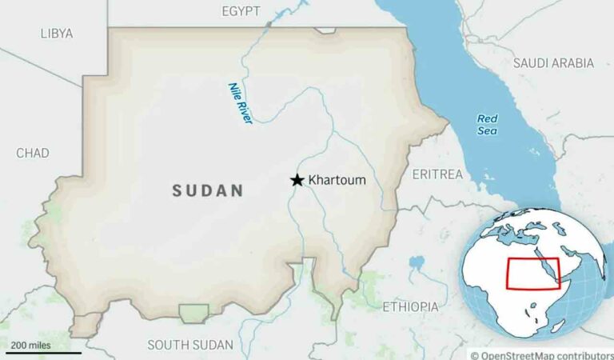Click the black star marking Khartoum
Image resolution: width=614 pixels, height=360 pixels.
(x=297, y=180)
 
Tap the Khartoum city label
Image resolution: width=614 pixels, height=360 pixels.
(x=337, y=180)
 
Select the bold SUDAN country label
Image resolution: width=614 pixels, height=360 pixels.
(x=208, y=190)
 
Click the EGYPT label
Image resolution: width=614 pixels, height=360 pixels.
(x=241, y=11)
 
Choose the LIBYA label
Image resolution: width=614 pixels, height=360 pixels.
(x=56, y=34)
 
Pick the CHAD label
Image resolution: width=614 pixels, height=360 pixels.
(x=32, y=153)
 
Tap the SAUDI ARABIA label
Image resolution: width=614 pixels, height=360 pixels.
(x=553, y=62)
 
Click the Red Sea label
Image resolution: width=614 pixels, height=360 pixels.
(x=487, y=124)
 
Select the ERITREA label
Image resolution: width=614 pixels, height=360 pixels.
(x=437, y=174)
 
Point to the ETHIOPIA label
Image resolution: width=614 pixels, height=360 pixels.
(x=410, y=306)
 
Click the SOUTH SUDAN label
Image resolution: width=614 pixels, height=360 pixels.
(x=190, y=345)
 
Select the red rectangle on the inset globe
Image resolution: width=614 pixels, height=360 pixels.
(x=533, y=274)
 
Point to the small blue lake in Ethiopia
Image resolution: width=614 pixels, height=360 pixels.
(x=416, y=262)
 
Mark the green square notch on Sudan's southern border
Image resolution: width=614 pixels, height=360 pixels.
(x=193, y=313)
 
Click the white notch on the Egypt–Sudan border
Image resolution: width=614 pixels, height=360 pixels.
(x=325, y=30)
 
